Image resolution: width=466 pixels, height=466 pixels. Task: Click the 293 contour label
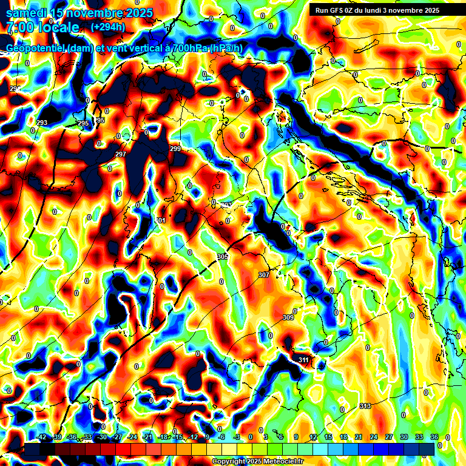point(42,123)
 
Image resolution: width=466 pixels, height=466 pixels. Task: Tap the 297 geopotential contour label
point(120,154)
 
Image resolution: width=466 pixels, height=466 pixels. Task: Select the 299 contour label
point(175,149)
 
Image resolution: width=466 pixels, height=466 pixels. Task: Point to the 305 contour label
point(222,257)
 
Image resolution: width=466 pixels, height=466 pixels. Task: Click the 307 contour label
point(263,275)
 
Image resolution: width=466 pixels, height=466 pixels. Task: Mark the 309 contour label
point(288,317)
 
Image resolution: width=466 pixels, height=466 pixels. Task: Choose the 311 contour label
point(303,360)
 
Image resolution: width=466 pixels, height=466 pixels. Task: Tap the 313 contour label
point(365,406)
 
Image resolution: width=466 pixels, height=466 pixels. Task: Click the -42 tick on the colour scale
point(41,437)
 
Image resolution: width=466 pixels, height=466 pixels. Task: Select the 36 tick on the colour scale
point(434,437)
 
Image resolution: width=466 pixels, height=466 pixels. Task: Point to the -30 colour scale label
point(102,437)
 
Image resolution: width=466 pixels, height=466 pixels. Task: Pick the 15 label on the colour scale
point(328,437)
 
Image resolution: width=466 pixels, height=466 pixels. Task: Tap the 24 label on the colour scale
point(374,437)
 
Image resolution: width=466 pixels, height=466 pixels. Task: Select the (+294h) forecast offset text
point(108,27)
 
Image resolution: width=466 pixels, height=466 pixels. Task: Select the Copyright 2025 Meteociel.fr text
point(257,461)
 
